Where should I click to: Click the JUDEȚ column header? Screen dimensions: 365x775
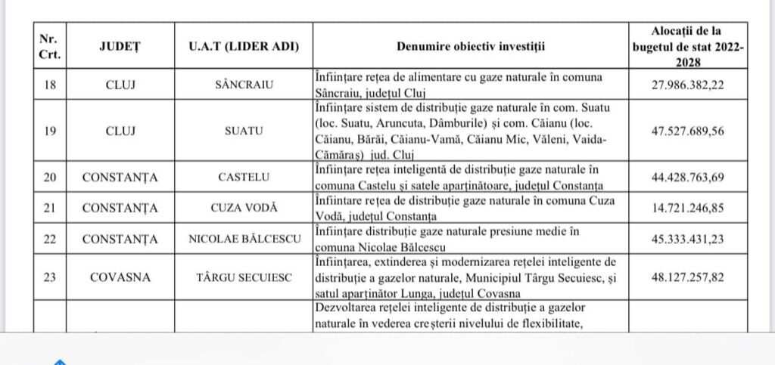tap(120, 46)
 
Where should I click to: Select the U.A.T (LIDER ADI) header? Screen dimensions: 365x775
tap(244, 46)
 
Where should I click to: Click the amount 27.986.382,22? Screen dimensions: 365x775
tap(687, 85)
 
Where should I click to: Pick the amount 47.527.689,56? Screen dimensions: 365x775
tap(687, 131)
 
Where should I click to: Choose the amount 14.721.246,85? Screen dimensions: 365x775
tap(687, 208)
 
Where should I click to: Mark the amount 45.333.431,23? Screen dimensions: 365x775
tap(687, 240)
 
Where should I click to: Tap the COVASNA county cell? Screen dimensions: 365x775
tap(120, 277)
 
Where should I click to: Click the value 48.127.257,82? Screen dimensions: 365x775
tap(687, 277)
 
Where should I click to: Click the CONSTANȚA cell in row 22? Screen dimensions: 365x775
tap(120, 240)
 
